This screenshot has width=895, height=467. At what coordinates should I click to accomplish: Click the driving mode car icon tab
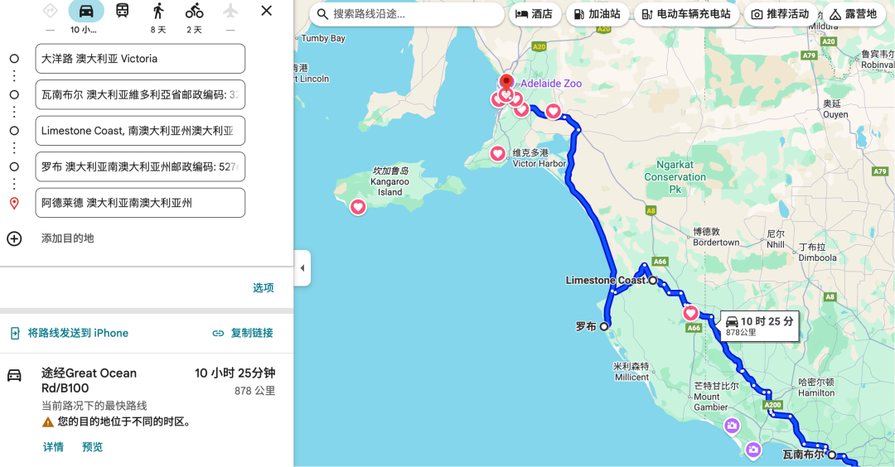pyautogui.click(x=86, y=11)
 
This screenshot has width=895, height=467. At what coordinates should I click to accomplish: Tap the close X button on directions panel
pyautogui.click(x=266, y=11)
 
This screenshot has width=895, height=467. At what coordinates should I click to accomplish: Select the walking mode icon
pyautogui.click(x=158, y=11)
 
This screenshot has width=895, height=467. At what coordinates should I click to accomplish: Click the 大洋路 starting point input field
pyautogui.click(x=140, y=59)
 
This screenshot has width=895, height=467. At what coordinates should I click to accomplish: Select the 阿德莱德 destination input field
pyautogui.click(x=140, y=203)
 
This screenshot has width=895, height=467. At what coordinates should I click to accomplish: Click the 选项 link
pyautogui.click(x=263, y=288)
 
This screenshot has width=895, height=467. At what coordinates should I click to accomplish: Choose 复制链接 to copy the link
pyautogui.click(x=242, y=333)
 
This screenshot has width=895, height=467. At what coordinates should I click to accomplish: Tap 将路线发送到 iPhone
pyautogui.click(x=70, y=333)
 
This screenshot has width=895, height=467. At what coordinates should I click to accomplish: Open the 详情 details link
pyautogui.click(x=53, y=447)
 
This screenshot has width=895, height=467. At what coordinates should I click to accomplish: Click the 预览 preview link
pyautogui.click(x=92, y=447)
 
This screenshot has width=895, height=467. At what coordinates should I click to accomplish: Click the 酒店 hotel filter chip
pyautogui.click(x=534, y=14)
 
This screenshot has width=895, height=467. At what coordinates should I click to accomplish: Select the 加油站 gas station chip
pyautogui.click(x=596, y=14)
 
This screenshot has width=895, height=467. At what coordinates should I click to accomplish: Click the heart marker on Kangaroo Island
pyautogui.click(x=358, y=207)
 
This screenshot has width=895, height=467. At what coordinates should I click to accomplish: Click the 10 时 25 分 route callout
pyautogui.click(x=758, y=325)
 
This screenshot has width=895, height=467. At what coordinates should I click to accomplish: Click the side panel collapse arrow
pyautogui.click(x=302, y=268)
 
